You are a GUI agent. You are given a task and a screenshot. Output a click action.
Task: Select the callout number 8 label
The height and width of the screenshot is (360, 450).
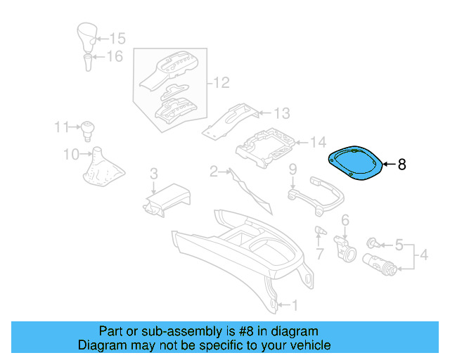(x=401, y=165)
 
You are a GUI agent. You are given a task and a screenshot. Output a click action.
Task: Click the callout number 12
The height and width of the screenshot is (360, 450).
(x=221, y=84)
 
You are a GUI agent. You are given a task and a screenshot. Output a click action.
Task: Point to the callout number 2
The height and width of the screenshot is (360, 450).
(x=213, y=171)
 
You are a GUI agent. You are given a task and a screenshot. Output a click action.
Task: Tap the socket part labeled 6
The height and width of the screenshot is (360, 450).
(x=346, y=247)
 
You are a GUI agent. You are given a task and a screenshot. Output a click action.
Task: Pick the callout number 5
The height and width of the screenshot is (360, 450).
(x=399, y=245)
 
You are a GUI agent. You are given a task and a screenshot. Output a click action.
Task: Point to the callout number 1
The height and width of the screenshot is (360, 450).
(x=295, y=305)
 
